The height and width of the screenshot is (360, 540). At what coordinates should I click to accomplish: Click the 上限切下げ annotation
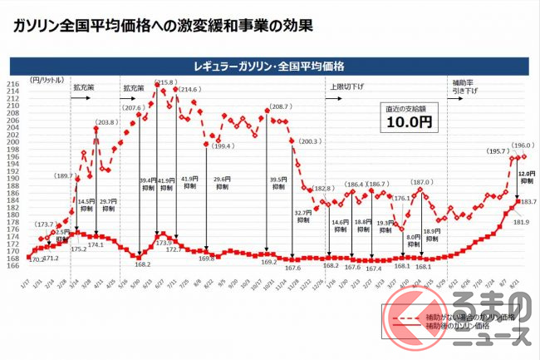coord(348,85)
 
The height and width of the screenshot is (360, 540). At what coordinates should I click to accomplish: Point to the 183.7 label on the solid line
coord(528,202)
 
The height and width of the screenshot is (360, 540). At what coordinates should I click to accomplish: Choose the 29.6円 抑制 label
coord(222,183)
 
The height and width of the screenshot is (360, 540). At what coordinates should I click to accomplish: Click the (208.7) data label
coord(280,107)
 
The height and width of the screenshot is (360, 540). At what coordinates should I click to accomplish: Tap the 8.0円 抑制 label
coord(413,241)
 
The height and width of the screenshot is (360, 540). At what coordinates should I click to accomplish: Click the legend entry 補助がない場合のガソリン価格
coord(469,317)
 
